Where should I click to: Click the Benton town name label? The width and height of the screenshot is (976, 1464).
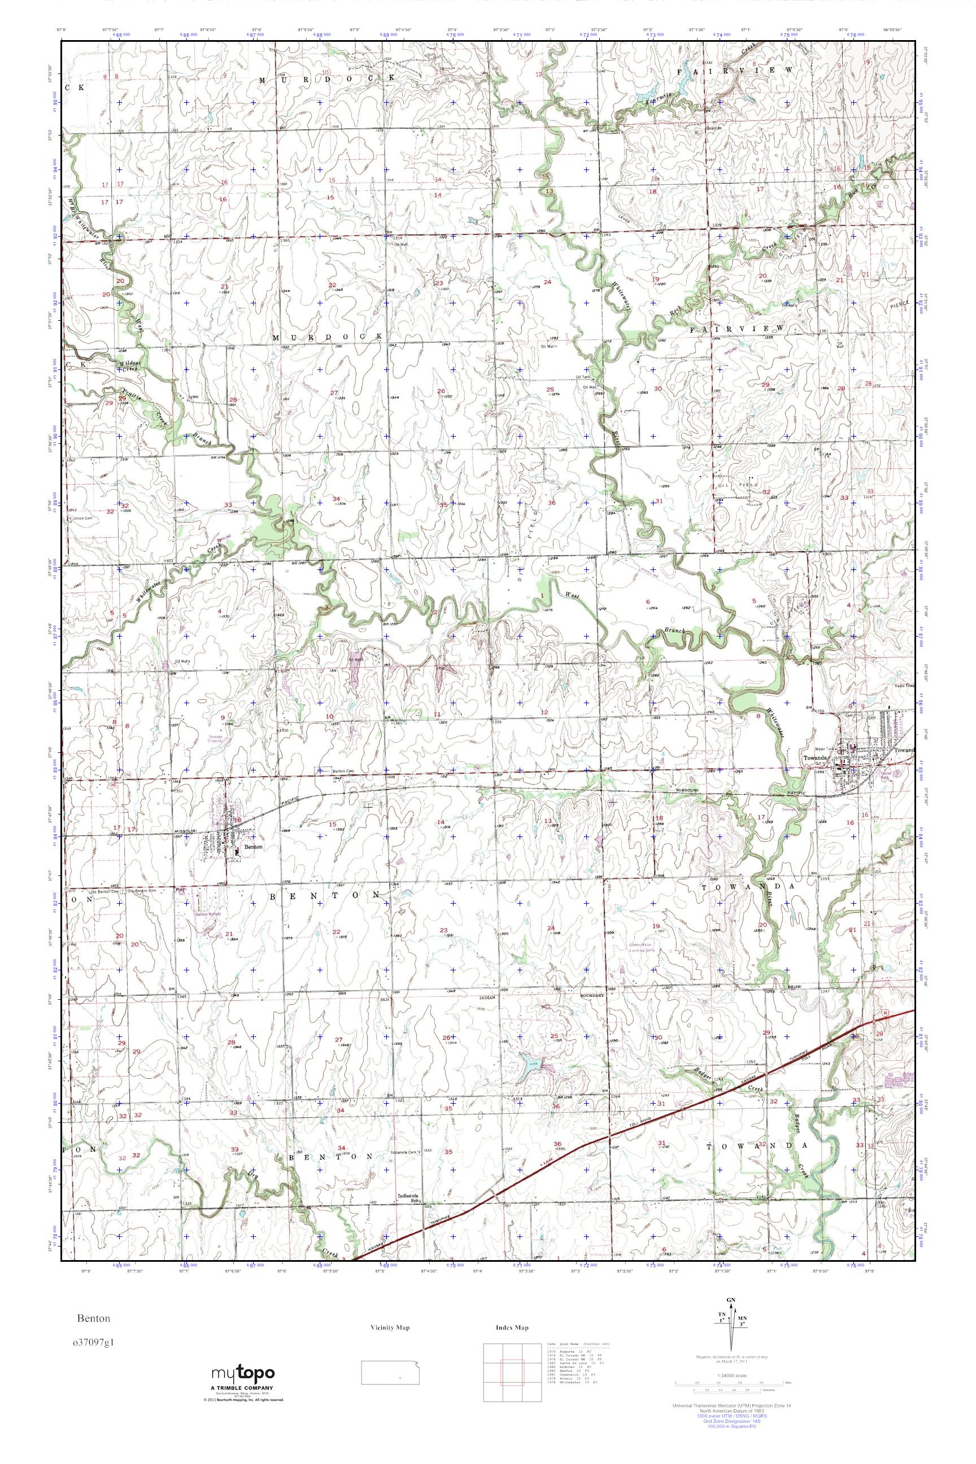(254, 847)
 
